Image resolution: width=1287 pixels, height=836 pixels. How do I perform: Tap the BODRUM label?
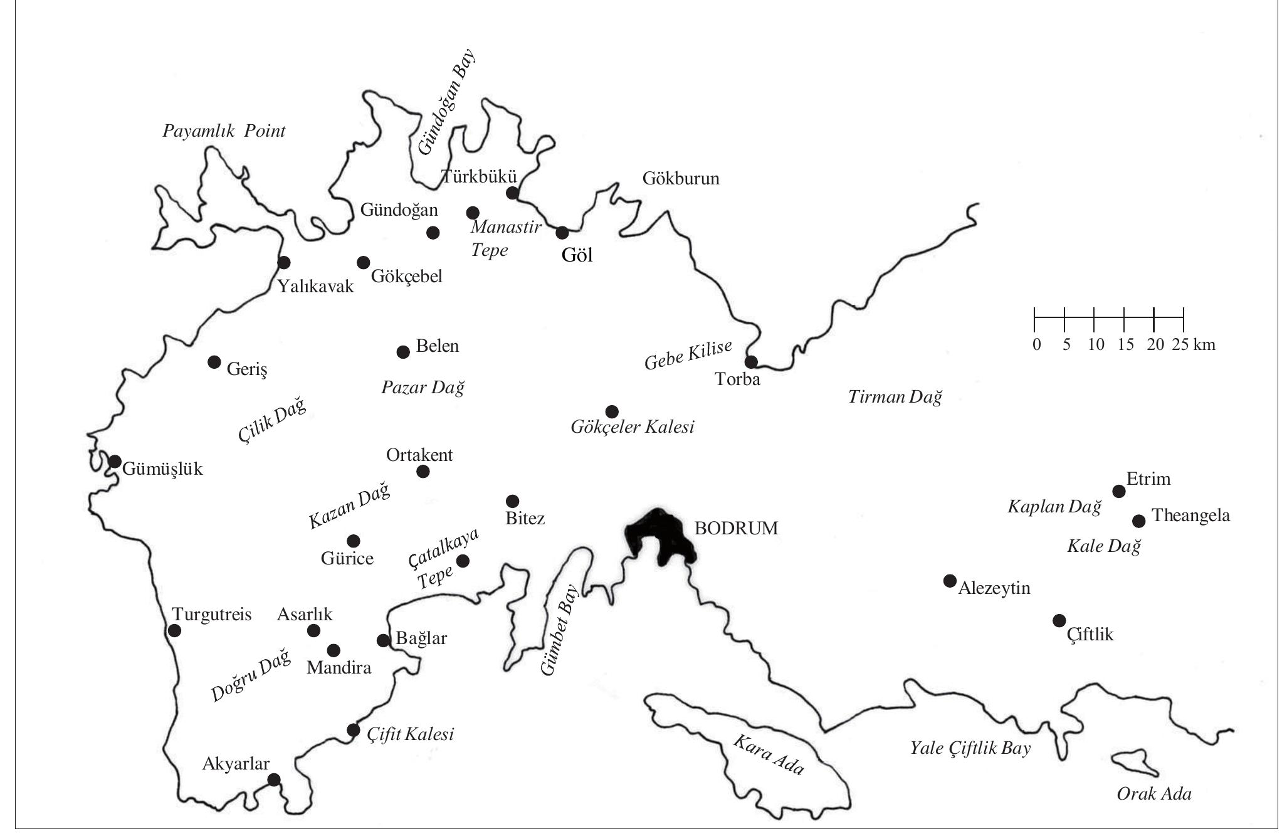pos(736,529)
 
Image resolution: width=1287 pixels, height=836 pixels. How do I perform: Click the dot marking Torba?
pos(750,362)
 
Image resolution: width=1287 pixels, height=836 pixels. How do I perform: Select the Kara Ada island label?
pos(768,755)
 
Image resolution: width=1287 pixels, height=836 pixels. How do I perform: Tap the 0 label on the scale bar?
pos(1037,345)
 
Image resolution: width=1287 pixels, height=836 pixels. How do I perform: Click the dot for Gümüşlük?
pos(115,462)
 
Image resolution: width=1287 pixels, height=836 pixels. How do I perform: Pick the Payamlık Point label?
pos(224,131)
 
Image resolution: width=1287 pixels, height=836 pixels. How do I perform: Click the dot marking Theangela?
pos(1139,521)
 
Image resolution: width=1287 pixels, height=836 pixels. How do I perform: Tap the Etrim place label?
pos(1148,479)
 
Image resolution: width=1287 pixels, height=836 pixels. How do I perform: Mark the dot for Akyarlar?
pos(274,780)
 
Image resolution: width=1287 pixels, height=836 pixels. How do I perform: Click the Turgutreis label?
pos(212,614)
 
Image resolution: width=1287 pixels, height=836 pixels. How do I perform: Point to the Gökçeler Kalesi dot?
pos(612,411)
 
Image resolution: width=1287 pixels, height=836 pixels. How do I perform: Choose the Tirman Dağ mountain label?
pos(895,396)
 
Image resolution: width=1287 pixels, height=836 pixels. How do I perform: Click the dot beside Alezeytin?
pos(950,581)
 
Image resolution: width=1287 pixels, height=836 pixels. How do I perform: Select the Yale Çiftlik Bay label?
pos(970,748)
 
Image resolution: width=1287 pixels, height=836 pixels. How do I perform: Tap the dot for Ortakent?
pos(423,471)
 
